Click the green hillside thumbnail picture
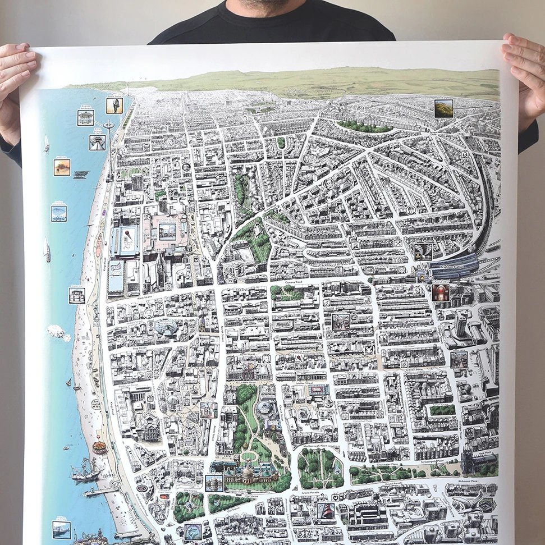[x=443, y=108]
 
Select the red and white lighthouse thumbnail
[x=326, y=511]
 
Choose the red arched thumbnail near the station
[x=440, y=292]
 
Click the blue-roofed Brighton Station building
[x=454, y=265]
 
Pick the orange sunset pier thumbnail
[x=62, y=167]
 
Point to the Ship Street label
[x=139, y=349]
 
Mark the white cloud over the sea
[x=58, y=332]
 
